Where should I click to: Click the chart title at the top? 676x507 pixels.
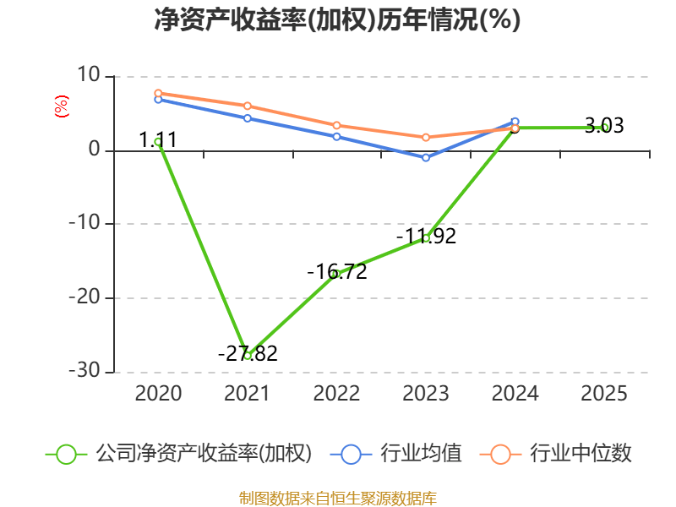(x=337, y=20)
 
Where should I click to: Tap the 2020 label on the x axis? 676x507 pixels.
(x=158, y=393)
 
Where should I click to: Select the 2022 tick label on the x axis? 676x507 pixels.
(x=336, y=393)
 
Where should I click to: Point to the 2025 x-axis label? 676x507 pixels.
(x=605, y=393)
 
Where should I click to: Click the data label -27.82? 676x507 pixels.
(x=248, y=354)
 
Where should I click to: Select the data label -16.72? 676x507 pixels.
(x=336, y=272)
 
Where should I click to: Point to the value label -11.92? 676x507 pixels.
(x=426, y=237)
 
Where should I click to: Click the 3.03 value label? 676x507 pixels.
(x=604, y=127)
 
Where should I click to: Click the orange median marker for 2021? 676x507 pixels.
(x=247, y=106)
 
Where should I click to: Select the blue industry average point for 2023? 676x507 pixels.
(x=426, y=158)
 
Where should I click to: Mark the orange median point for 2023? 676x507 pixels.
(x=426, y=137)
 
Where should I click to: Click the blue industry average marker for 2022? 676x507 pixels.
(x=336, y=136)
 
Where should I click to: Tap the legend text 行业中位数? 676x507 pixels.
(x=581, y=454)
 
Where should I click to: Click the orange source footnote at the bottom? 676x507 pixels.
(x=337, y=498)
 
